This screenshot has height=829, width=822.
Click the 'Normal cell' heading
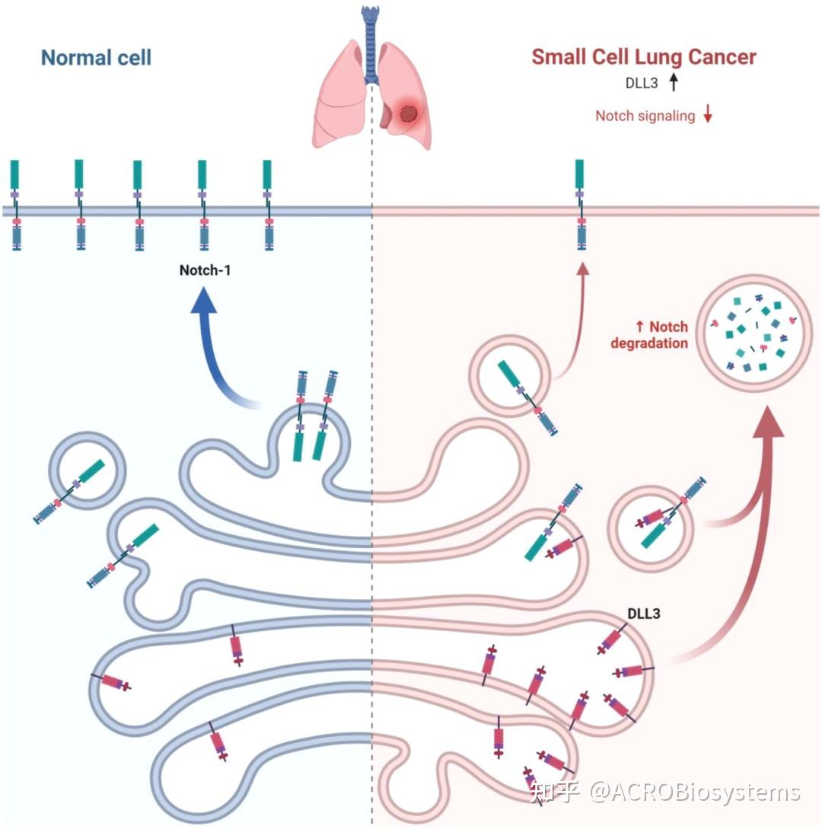click(96, 58)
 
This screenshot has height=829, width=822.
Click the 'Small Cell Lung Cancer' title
click(644, 57)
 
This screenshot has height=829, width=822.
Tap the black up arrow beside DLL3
click(674, 82)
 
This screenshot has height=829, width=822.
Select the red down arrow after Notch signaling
click(708, 113)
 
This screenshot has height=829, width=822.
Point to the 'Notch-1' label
click(205, 270)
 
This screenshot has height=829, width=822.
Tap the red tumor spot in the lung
click(407, 113)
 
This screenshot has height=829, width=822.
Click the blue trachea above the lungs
click(371, 45)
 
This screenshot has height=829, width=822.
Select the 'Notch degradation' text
click(649, 335)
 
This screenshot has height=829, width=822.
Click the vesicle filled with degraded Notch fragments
click(753, 333)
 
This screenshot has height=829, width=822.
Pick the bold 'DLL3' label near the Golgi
click(643, 614)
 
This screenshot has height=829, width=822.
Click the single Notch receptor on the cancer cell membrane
click(581, 205)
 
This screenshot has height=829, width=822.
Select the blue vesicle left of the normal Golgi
click(88, 470)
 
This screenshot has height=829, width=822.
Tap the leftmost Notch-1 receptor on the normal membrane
click(15, 205)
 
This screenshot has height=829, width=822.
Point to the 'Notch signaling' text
click(645, 116)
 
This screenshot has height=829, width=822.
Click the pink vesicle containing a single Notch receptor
click(510, 376)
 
